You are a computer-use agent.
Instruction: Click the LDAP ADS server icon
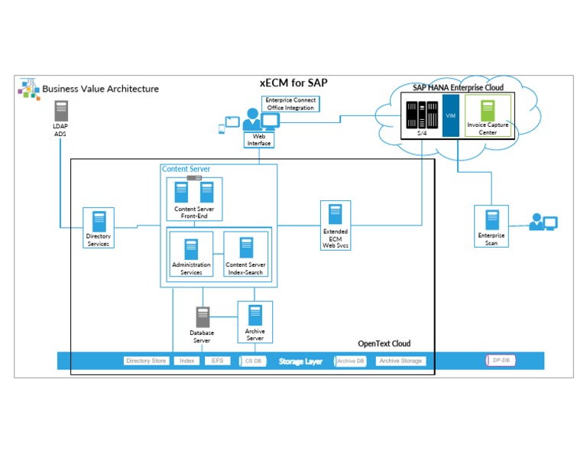tap(60, 110)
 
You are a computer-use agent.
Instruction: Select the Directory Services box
tap(99, 228)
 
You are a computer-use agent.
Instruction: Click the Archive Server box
tap(255, 322)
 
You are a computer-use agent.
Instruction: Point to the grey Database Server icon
tap(203, 316)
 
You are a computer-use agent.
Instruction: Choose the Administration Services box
tap(191, 257)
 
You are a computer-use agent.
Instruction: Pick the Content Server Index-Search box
tap(246, 257)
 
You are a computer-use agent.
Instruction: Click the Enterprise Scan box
tap(491, 226)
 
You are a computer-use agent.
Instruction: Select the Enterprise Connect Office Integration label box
tap(290, 104)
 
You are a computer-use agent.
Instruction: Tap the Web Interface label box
tap(258, 140)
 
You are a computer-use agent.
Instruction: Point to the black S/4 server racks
tap(422, 115)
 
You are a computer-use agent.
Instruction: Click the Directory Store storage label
tap(146, 361)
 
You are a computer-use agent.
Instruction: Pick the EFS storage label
tap(218, 361)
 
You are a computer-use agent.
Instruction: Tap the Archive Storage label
tap(401, 361)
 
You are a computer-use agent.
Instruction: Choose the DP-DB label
tap(500, 360)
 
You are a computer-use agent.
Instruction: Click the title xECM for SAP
tap(294, 83)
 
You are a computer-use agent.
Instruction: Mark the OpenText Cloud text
tap(384, 344)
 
